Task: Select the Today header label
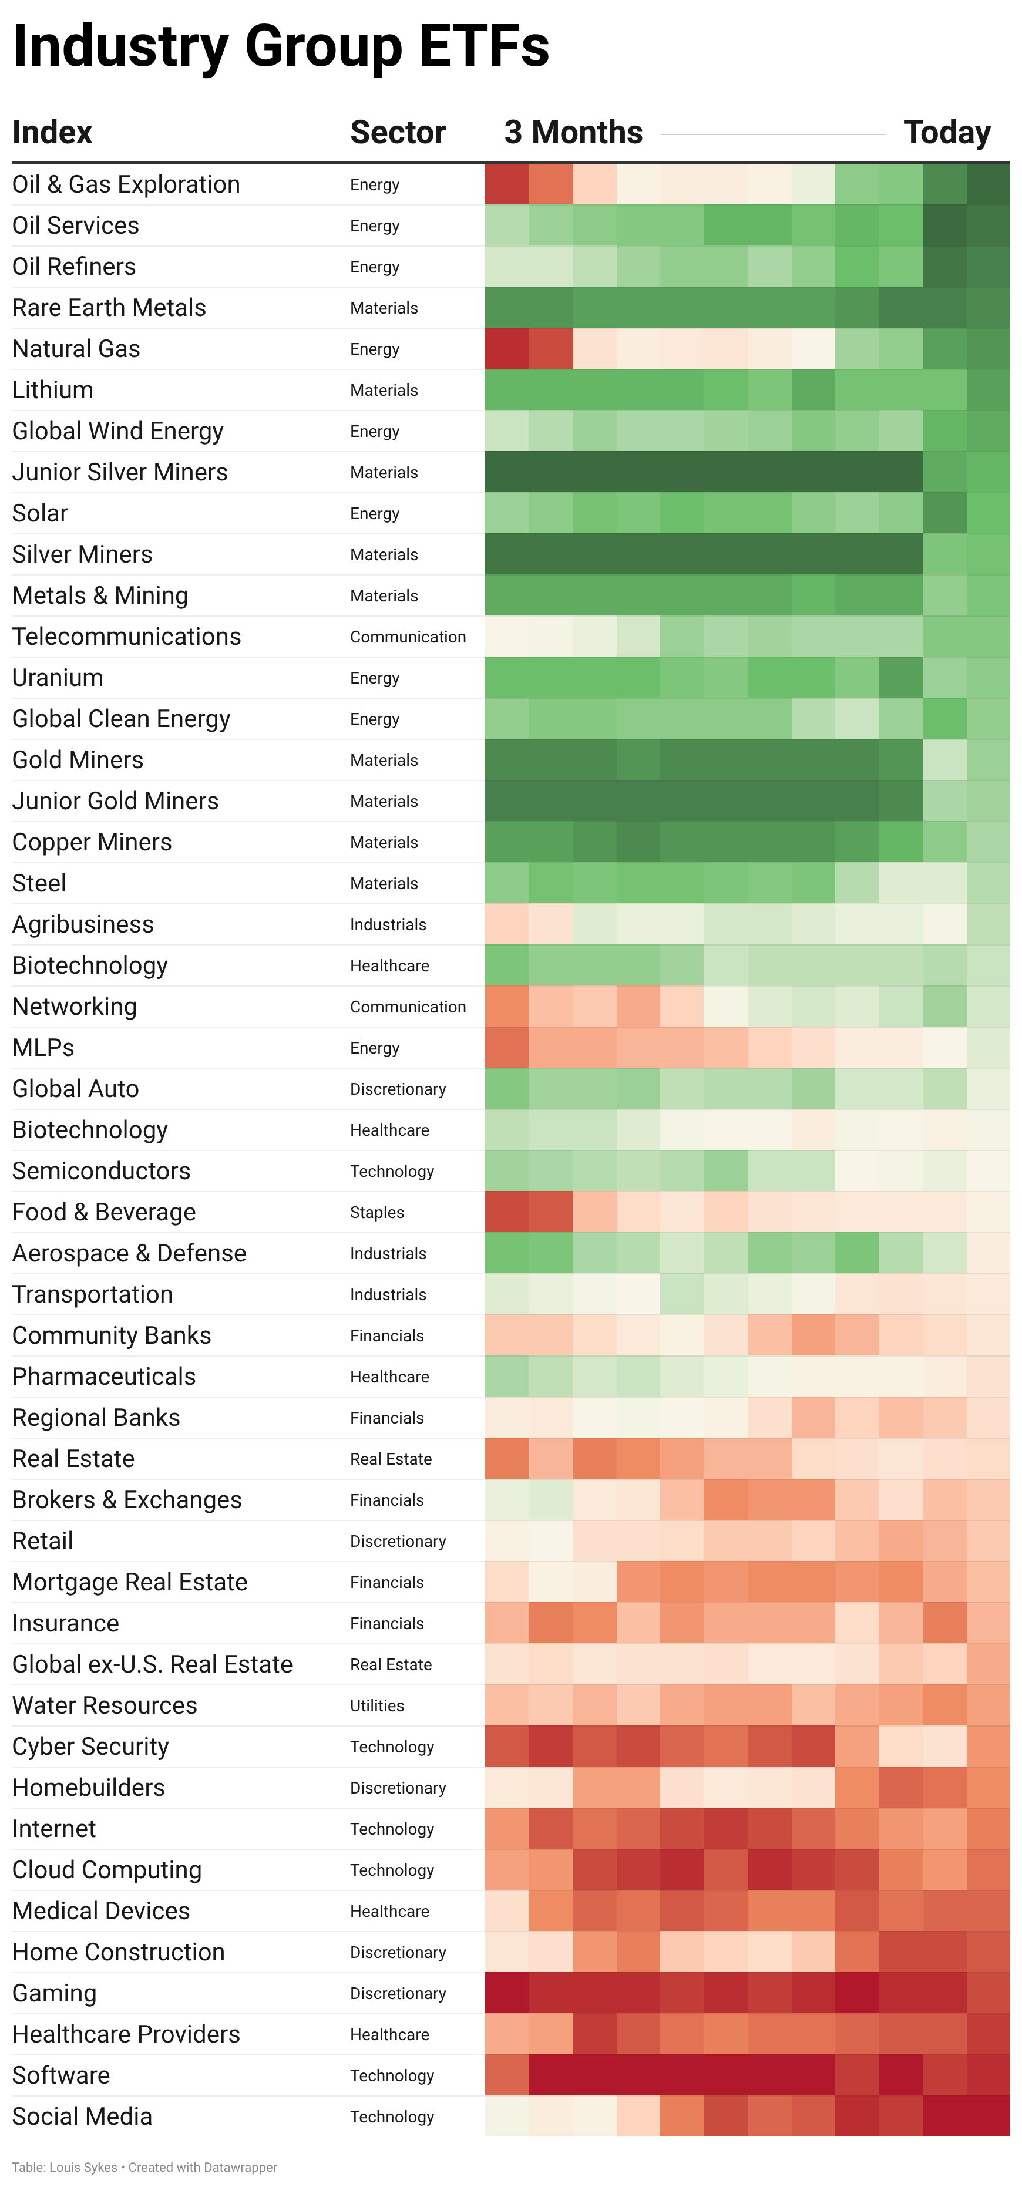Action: pos(946,133)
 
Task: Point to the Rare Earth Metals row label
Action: pos(109,307)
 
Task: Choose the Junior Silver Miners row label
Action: pos(120,472)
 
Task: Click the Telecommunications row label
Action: pos(126,637)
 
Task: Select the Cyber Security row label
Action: pos(90,1747)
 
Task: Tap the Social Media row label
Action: pos(82,2117)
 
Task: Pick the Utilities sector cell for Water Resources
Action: pos(377,1705)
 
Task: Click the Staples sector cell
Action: pos(377,1212)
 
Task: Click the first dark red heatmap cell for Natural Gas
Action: pos(507,349)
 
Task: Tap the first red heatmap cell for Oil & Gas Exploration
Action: pos(507,184)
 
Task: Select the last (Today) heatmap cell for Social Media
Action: pos(988,2117)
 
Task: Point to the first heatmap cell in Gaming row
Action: pos(507,1993)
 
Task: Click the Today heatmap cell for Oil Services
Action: pos(988,226)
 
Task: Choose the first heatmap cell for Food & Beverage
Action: pos(507,1212)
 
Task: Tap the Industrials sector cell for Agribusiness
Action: pos(388,924)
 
